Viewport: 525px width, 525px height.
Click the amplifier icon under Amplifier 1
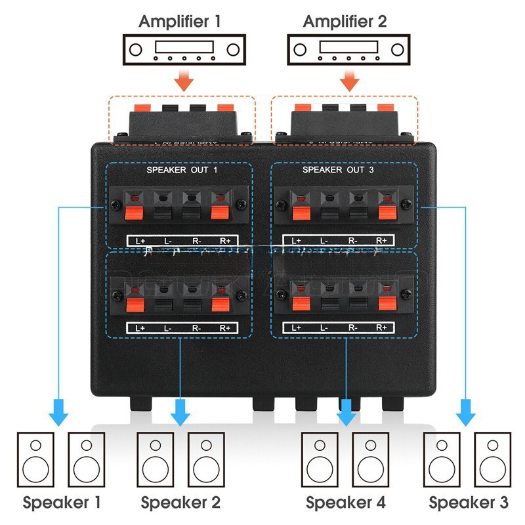(184, 49)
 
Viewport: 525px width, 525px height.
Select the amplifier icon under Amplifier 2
(348, 49)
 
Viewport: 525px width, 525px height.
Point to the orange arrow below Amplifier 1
(185, 81)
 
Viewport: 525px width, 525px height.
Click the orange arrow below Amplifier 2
(349, 81)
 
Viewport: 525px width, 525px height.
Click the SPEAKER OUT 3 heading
(343, 170)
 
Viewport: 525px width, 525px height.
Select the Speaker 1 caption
(62, 503)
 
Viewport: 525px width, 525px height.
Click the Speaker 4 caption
(346, 503)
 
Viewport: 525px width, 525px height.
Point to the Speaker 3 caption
(469, 503)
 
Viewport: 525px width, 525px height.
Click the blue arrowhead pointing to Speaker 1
(60, 416)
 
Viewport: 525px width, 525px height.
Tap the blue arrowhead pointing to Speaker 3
(466, 416)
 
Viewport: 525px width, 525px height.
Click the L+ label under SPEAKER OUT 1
(140, 240)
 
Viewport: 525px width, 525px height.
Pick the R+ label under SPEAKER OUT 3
(381, 240)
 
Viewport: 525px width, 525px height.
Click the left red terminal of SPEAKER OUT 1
(135, 211)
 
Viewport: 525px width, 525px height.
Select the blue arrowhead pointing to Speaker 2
(180, 416)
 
